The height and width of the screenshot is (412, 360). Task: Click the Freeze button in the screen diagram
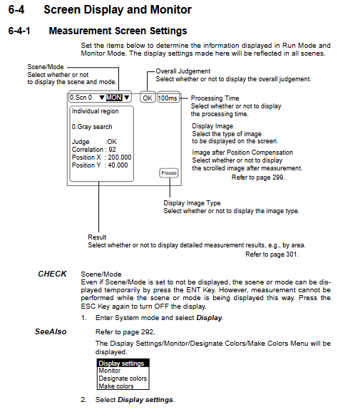click(x=169, y=173)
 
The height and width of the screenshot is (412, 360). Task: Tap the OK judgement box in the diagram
click(x=148, y=98)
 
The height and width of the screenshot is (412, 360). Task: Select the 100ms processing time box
click(x=168, y=98)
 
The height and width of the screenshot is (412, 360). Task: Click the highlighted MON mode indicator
click(x=114, y=98)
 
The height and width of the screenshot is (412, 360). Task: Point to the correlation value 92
click(x=112, y=150)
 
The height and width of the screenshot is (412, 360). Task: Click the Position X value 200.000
click(x=120, y=158)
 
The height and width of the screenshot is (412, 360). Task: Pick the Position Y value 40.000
click(x=118, y=165)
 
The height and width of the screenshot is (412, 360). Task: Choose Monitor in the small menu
click(x=110, y=371)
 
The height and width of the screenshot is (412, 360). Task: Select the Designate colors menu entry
click(x=123, y=378)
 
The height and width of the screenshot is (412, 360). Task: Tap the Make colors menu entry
click(x=116, y=386)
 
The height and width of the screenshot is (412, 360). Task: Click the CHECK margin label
click(x=52, y=274)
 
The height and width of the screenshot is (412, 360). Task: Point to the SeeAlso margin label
click(x=51, y=331)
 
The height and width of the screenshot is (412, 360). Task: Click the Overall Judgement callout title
click(x=183, y=71)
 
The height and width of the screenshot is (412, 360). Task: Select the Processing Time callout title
click(x=215, y=98)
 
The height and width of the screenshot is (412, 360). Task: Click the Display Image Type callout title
click(x=192, y=203)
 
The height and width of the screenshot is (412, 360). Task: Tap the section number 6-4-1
click(x=19, y=31)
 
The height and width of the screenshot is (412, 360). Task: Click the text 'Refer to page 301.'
click(x=272, y=254)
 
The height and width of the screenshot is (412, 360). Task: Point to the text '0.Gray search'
click(x=92, y=127)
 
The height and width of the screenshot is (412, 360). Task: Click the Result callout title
click(x=97, y=237)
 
